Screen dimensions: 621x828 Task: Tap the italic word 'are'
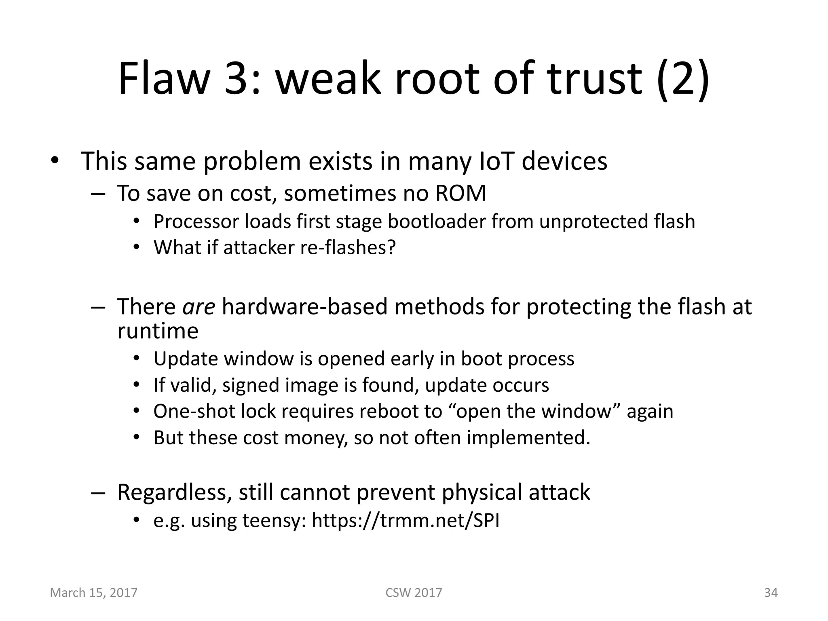tap(199, 306)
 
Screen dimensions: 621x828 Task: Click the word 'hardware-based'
tap(305, 306)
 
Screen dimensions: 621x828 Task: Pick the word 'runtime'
tap(158, 331)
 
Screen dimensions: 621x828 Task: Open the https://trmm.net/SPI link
tap(406, 521)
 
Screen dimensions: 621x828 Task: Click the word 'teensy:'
tap(275, 521)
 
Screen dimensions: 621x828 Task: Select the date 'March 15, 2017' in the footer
tap(93, 593)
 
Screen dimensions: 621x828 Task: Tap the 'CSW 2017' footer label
tap(414, 593)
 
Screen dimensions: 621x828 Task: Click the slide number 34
tap(771, 593)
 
